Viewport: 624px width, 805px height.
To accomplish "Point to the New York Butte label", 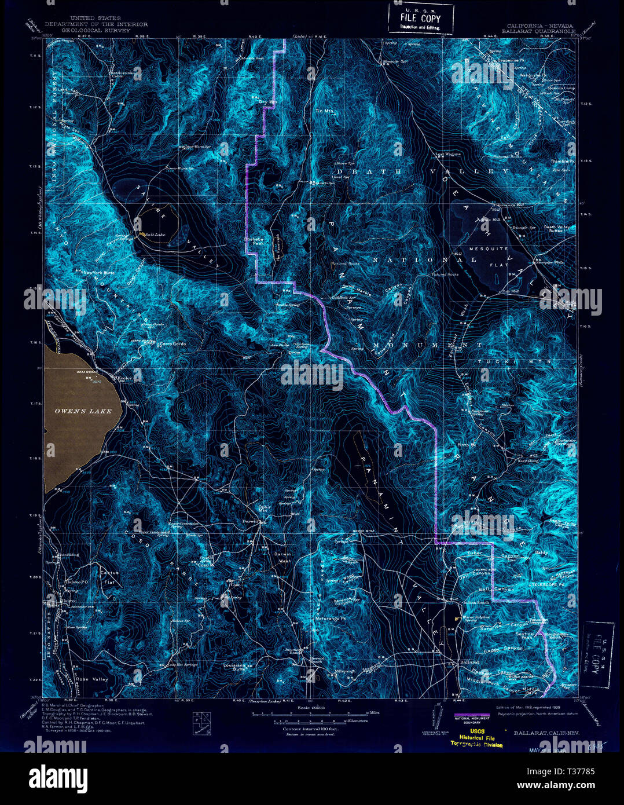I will click(x=99, y=272).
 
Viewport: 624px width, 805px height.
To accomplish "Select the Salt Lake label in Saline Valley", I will click(x=156, y=234).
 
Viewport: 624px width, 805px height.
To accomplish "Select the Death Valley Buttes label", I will click(x=556, y=229).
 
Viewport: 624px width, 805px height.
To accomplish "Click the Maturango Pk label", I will click(x=330, y=620).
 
